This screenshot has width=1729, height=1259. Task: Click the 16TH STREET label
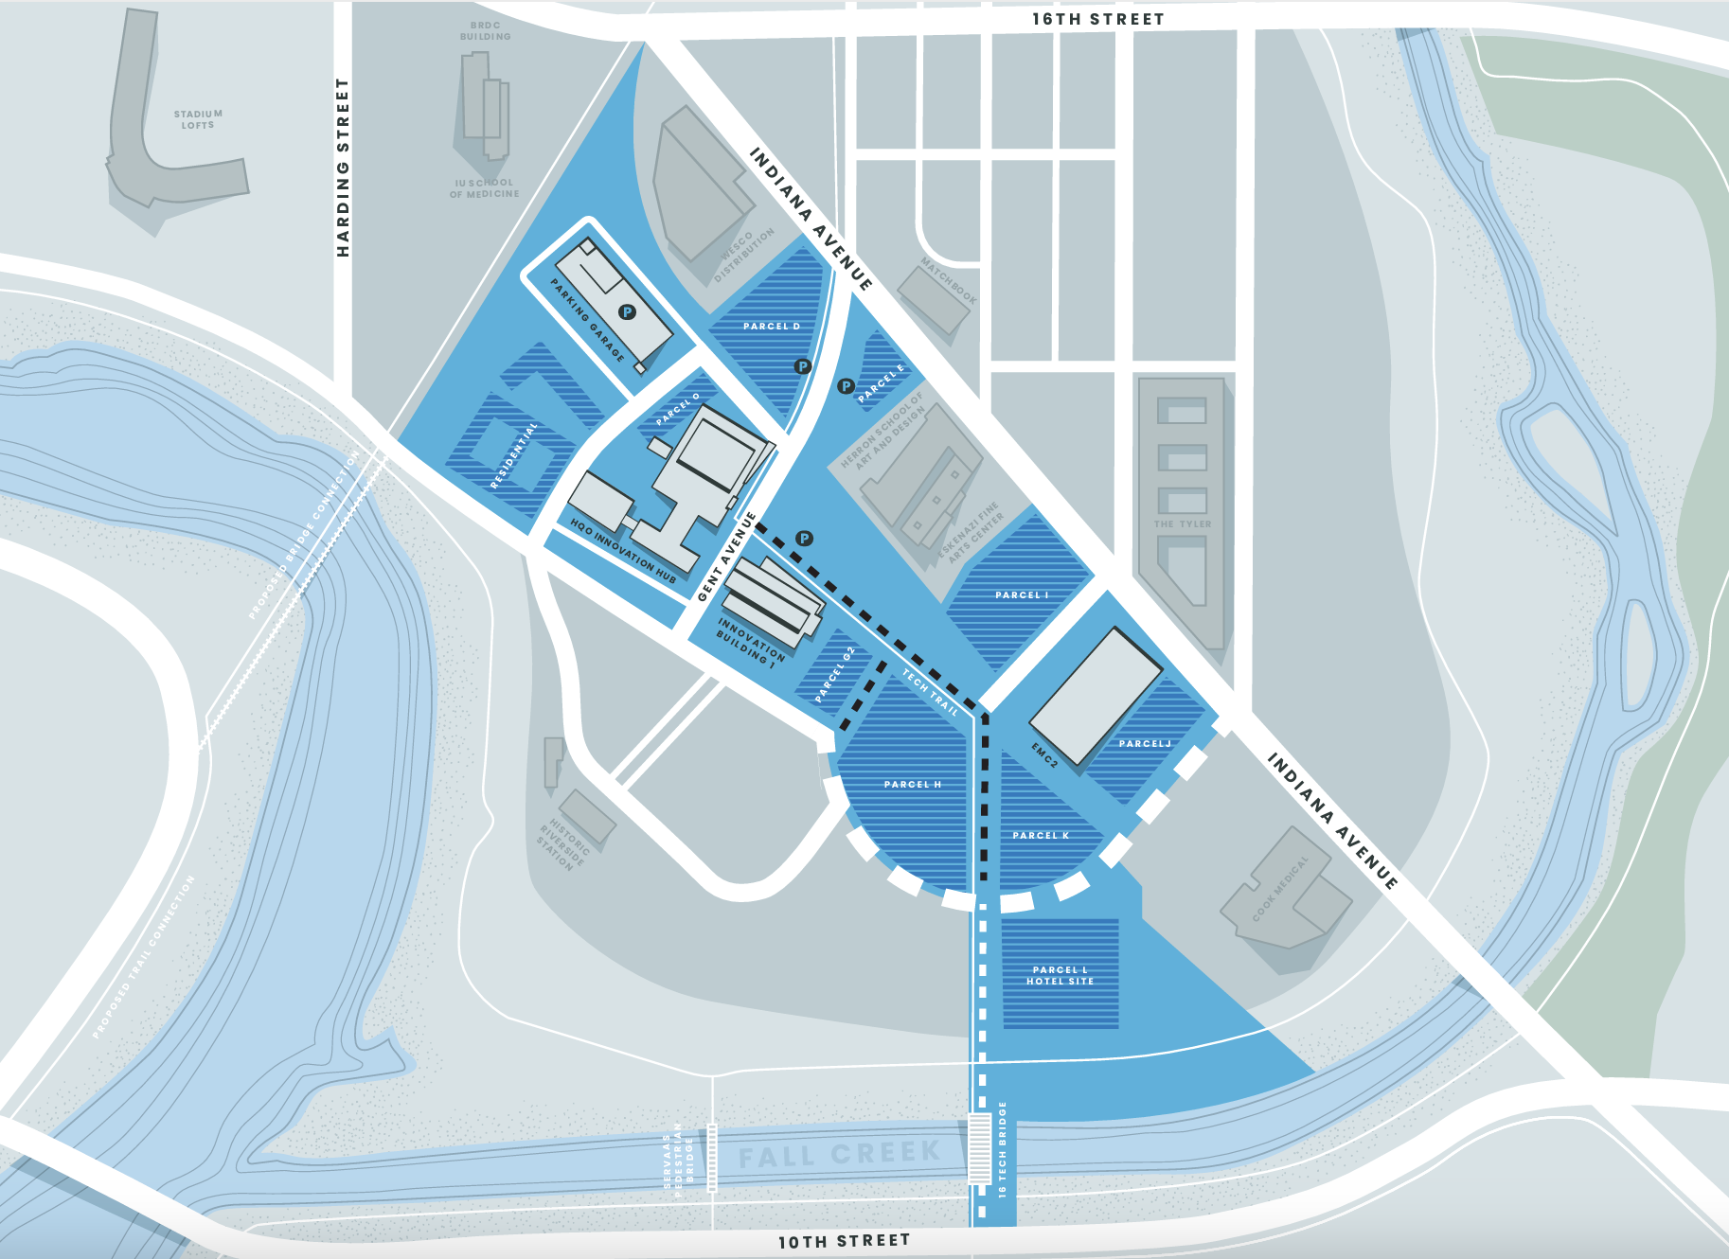point(1097,19)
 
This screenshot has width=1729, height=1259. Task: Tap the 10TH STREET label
point(844,1241)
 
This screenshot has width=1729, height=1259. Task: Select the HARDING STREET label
point(343,168)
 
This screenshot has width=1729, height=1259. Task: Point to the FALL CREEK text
point(839,1154)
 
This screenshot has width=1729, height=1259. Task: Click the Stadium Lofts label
point(198,119)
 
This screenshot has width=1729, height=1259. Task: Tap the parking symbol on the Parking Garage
point(627,311)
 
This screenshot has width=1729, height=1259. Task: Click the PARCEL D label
point(772,327)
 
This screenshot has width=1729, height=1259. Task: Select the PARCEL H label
point(912,785)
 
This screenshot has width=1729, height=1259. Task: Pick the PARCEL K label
point(1041,836)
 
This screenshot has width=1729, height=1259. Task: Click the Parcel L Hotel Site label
point(1060,976)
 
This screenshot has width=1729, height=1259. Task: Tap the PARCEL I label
point(1022,595)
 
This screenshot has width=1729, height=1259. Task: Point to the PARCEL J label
point(1145,744)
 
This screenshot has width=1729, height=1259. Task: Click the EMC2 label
point(1044,754)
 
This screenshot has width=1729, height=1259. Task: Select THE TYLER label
point(1182,524)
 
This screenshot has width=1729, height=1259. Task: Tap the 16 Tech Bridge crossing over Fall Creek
point(979,1147)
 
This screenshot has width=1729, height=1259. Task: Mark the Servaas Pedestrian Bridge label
point(678,1159)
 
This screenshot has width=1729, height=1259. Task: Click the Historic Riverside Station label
point(564,842)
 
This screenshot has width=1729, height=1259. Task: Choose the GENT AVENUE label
point(726,557)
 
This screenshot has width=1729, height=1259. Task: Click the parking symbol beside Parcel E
point(846,386)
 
